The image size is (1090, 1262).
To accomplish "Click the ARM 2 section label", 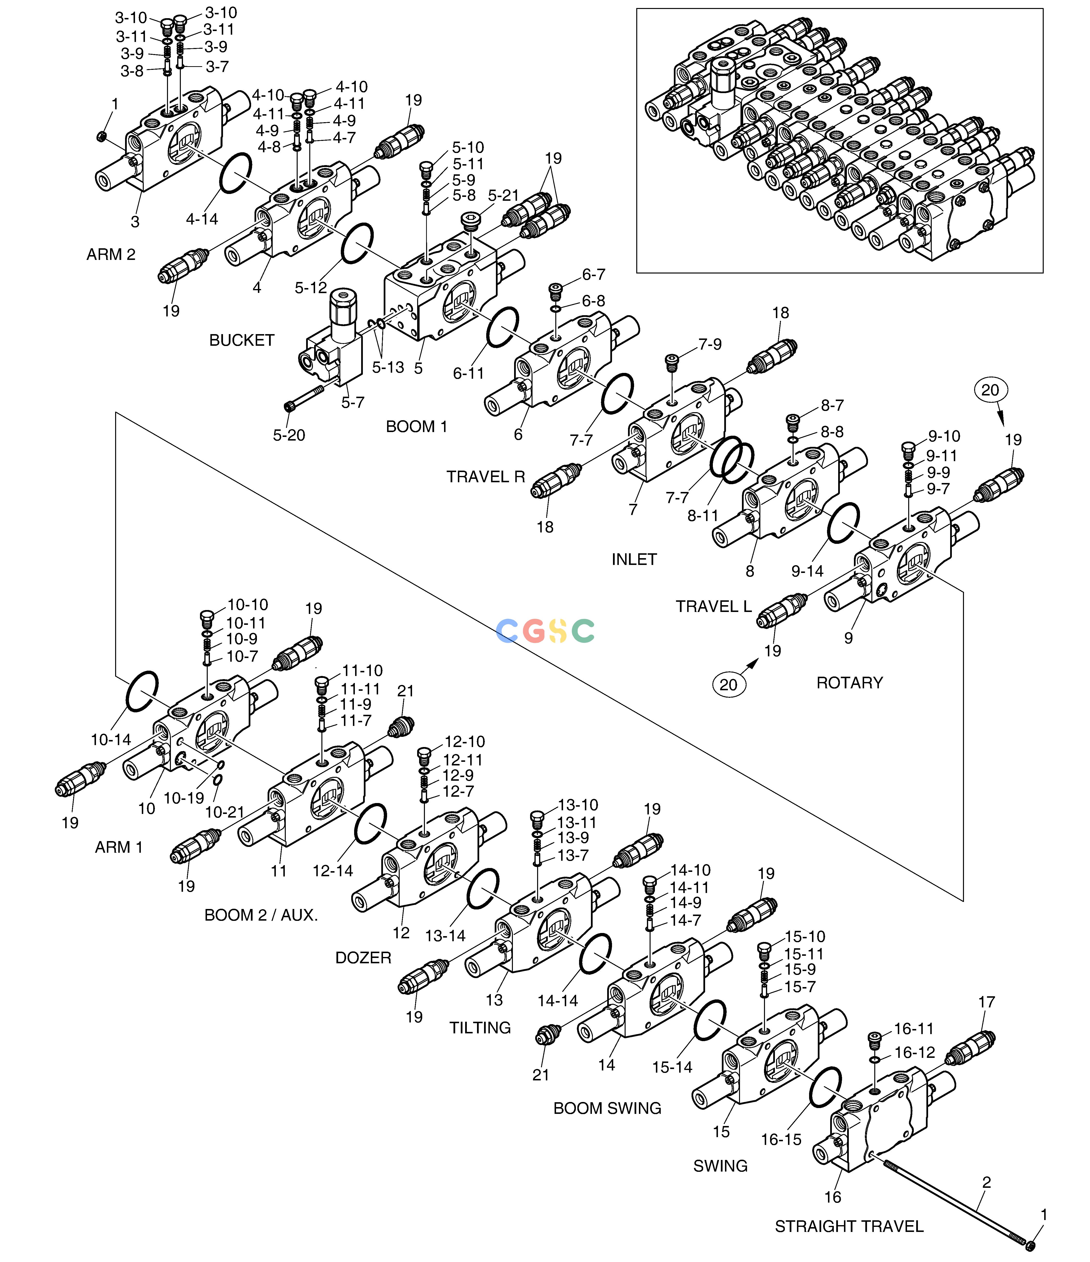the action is click(111, 255).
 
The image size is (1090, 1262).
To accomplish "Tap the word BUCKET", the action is click(242, 340).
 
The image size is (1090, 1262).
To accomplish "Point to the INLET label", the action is click(634, 559).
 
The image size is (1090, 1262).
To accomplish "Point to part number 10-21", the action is click(225, 812).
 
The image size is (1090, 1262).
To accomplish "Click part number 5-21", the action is click(503, 195).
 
